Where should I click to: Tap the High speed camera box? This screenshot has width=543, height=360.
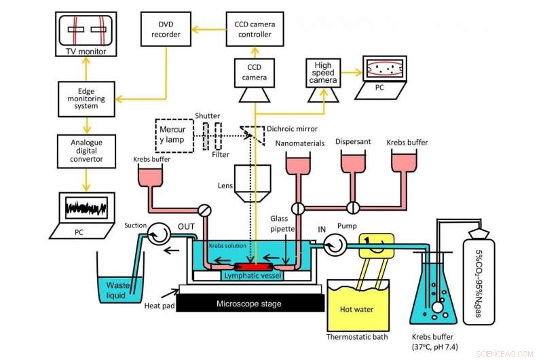coord(322,72)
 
